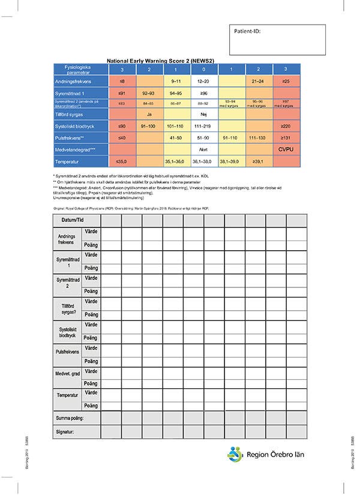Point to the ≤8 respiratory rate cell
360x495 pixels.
[122, 80]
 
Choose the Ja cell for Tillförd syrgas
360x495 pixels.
[149, 114]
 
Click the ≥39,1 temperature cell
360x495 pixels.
[257, 162]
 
